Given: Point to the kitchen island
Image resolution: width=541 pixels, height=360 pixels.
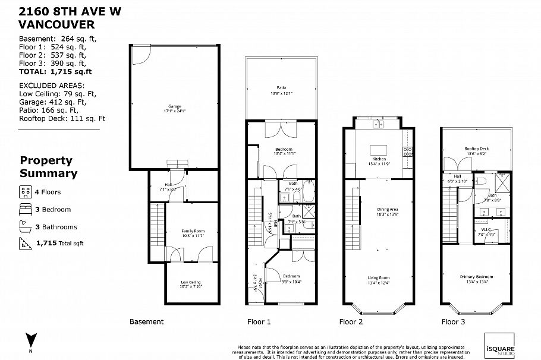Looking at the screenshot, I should click(x=379, y=149).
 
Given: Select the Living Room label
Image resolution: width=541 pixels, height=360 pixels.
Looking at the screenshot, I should click(x=379, y=279).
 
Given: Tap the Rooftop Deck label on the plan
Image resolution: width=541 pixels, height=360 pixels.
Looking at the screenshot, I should click(x=476, y=151).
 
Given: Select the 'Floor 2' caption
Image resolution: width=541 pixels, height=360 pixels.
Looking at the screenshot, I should click(x=351, y=322).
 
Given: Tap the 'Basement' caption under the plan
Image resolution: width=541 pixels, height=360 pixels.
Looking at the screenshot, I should click(x=146, y=322).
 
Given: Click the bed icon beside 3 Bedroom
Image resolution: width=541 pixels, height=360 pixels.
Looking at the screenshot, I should click(x=26, y=210).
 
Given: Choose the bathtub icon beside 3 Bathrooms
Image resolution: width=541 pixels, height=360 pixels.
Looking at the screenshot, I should click(x=26, y=226).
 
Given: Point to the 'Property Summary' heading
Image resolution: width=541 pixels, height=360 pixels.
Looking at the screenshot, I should click(x=49, y=167).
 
